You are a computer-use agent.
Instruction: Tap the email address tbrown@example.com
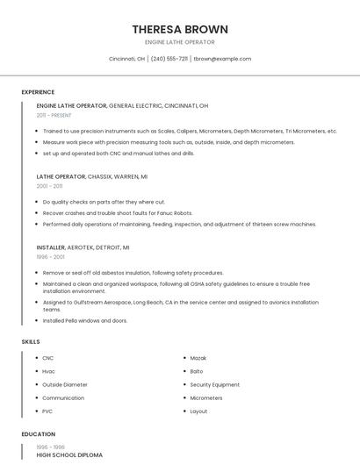(222, 59)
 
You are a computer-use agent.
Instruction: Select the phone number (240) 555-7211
(169, 59)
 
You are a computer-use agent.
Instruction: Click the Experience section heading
(38, 92)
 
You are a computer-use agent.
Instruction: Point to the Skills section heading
(30, 340)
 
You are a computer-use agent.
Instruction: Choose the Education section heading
(38, 434)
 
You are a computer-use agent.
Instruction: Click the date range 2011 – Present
(54, 115)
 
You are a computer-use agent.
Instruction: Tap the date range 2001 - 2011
(49, 186)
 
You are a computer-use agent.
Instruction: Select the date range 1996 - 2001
(50, 257)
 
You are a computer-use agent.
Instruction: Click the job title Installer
(51, 247)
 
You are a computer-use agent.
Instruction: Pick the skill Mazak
(199, 358)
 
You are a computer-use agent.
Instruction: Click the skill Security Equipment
(214, 384)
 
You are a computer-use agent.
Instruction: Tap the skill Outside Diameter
(65, 384)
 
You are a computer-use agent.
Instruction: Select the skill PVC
(48, 411)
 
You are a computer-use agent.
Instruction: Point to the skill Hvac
(49, 371)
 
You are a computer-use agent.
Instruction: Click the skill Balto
(197, 371)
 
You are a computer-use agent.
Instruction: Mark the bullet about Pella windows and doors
(84, 320)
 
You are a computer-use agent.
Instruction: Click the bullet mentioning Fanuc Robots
(117, 212)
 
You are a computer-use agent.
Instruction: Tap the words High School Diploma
(69, 455)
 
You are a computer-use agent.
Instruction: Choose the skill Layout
(199, 411)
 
